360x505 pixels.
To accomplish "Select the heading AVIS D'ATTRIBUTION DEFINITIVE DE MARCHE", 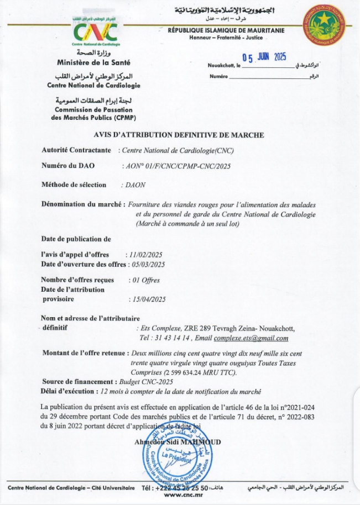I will pyautogui.click(x=180, y=135).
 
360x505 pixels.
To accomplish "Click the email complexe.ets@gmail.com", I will pyautogui.click(x=251, y=338).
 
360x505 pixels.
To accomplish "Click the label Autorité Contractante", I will pyautogui.click(x=76, y=150).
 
